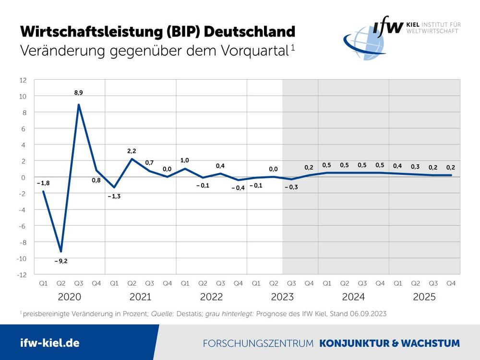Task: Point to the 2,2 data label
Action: (x=132, y=151)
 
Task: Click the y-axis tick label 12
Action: (x=23, y=80)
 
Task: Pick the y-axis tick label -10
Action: (x=22, y=259)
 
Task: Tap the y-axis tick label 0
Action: (x=24, y=178)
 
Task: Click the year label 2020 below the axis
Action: (x=69, y=297)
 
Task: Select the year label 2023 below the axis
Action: (x=282, y=297)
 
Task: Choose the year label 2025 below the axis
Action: (x=424, y=297)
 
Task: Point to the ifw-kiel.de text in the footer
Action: (x=50, y=343)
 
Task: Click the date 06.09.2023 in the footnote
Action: (x=368, y=313)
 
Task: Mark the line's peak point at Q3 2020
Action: (x=78, y=105)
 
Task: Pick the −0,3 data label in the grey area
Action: (x=291, y=187)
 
